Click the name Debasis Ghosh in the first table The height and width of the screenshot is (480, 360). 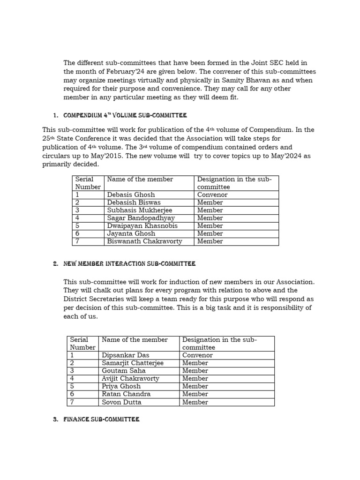click(131, 195)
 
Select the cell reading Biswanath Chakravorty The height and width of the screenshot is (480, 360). click(144, 241)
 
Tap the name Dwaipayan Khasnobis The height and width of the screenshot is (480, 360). click(142, 226)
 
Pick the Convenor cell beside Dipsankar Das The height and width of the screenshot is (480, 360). click(197, 355)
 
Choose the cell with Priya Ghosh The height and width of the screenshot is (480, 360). click(121, 386)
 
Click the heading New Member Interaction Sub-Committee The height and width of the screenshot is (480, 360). click(129, 264)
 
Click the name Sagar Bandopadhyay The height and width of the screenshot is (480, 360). click(141, 218)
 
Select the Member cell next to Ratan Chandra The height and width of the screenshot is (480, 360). click(195, 394)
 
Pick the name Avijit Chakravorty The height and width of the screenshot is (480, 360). click(130, 379)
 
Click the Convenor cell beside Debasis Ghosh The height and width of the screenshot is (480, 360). click(212, 195)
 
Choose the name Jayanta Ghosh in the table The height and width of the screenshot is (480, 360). click(131, 233)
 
